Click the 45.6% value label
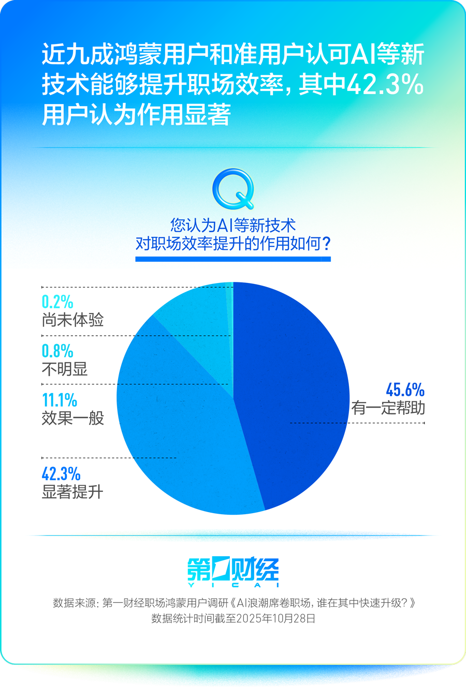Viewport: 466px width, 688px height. coord(405,390)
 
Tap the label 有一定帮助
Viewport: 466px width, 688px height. coord(388,408)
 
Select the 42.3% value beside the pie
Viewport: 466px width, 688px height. coord(61,473)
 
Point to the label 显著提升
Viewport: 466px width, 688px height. coord(72,491)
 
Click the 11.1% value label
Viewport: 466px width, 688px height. coord(60,400)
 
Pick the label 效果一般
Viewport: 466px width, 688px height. coord(73,417)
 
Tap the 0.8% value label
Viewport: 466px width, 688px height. coord(57,351)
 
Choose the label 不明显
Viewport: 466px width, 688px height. coord(65,369)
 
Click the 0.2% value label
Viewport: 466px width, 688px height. coord(57,302)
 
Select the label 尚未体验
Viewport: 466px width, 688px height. coord(73,320)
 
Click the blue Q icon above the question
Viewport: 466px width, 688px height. coord(234,188)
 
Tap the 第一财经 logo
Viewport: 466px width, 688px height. coord(233,572)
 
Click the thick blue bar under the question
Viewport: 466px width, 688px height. coord(233,259)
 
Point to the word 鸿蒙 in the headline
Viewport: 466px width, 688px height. coord(137,54)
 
